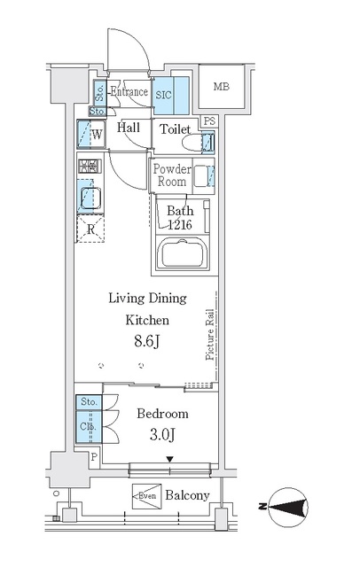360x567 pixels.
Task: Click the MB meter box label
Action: [x=221, y=87]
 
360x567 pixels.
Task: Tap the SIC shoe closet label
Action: [x=163, y=95]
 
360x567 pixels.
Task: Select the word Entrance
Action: [x=129, y=91]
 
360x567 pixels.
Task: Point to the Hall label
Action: [x=128, y=128]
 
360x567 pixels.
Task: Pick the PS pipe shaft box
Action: [x=209, y=121]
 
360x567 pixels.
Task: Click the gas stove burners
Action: [x=90, y=166]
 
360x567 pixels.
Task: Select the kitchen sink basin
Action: [x=90, y=198]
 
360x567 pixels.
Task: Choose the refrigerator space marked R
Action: [x=90, y=229]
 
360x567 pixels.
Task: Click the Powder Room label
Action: [x=172, y=175]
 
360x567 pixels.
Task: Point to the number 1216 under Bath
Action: [x=180, y=225]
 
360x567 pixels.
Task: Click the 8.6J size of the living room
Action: [x=147, y=340]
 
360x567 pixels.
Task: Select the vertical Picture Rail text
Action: [x=210, y=335]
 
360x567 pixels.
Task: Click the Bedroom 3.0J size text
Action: [x=162, y=435]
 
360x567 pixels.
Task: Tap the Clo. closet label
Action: [x=89, y=426]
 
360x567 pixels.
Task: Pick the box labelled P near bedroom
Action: [x=94, y=457]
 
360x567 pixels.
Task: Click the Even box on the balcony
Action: [x=146, y=496]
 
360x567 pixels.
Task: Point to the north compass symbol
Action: [x=288, y=507]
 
